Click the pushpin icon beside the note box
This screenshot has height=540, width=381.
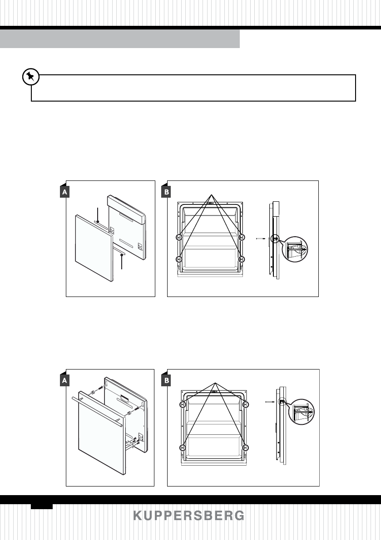point(30,77)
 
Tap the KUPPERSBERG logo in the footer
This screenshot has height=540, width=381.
point(188,516)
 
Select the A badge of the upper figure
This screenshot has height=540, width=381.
point(65,192)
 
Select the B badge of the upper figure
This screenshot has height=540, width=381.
point(167,192)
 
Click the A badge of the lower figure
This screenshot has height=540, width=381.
point(65,381)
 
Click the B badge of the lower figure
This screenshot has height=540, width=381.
point(167,381)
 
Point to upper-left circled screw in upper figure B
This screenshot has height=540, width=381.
point(179,237)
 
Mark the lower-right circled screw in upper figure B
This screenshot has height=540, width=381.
point(242,259)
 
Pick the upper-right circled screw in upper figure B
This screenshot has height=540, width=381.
point(242,237)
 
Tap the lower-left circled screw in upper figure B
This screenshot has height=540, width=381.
point(179,259)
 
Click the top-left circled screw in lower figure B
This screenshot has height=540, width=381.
point(183,404)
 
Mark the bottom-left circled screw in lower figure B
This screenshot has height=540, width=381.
point(183,448)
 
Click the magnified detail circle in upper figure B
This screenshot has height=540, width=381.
point(294,249)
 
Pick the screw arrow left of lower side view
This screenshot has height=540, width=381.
point(269,402)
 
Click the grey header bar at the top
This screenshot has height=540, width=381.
point(120,39)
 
